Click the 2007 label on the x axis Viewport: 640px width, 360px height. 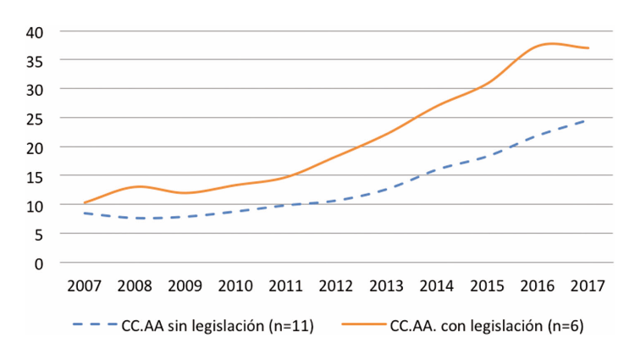[85, 286]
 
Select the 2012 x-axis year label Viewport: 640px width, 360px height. [337, 286]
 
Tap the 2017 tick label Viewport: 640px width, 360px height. [588, 286]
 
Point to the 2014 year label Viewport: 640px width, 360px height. [438, 286]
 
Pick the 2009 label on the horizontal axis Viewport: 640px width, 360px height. [185, 286]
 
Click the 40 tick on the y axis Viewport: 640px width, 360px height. [34, 31]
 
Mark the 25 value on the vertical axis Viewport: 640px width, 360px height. [34, 118]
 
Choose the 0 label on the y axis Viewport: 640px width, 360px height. [39, 263]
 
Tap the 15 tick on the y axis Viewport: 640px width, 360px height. [34, 176]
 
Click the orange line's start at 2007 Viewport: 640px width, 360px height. [85, 202]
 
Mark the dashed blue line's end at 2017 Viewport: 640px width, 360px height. [588, 120]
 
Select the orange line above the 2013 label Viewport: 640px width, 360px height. [387, 133]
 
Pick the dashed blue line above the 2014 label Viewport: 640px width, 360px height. [438, 169]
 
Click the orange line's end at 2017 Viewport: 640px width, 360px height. [588, 47]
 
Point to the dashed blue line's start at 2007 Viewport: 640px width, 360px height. [85, 213]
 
